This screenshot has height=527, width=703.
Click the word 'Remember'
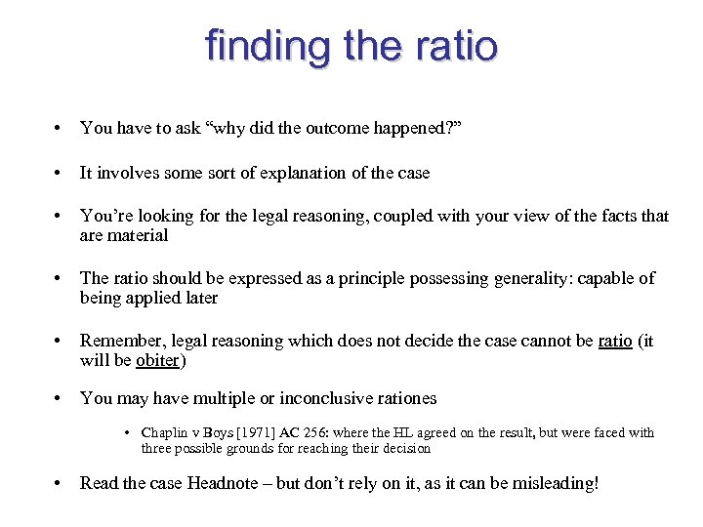[119, 342]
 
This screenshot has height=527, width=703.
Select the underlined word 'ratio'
[614, 342]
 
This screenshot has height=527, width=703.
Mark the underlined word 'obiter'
[157, 360]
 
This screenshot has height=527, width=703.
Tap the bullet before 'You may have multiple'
[61, 398]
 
